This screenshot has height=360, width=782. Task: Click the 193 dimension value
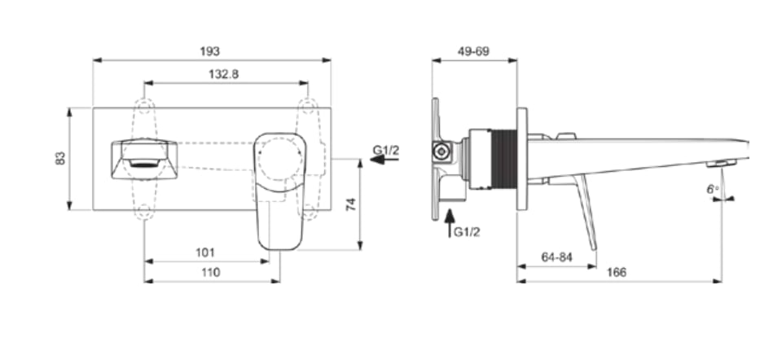click(x=209, y=51)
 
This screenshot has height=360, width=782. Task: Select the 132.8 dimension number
click(x=223, y=74)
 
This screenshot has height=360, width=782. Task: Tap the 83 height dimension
click(x=60, y=159)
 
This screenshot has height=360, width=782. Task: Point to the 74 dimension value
click(x=352, y=204)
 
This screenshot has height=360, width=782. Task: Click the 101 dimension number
click(x=205, y=252)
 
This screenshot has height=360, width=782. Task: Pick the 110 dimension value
click(x=209, y=273)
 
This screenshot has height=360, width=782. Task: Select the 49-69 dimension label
click(x=473, y=51)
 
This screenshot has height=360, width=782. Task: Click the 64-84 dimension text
click(x=556, y=257)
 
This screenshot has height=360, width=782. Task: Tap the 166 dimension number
click(x=617, y=273)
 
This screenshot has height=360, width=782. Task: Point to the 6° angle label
click(x=713, y=190)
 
